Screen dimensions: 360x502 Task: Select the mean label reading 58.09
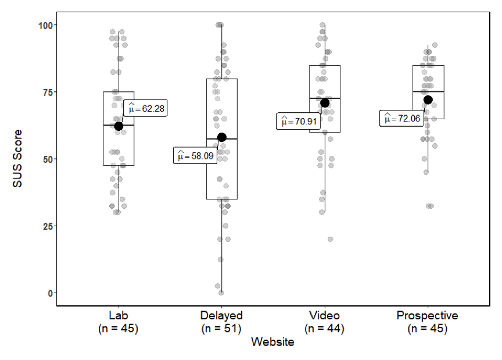point(195,156)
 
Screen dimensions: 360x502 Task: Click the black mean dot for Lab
point(119,126)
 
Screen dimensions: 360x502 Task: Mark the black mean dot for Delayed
point(221,137)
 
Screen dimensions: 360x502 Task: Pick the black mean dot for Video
point(325,103)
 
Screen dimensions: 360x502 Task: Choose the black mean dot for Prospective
point(428,100)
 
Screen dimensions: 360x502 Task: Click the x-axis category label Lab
point(119,316)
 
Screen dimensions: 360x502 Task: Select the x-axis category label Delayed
point(221,316)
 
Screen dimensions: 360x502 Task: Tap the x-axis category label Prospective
point(428,316)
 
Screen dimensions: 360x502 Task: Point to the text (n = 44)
point(325,329)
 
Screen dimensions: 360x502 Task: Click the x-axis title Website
point(272,342)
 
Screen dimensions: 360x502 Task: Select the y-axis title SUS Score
point(18,159)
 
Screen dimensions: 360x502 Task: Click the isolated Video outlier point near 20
point(331,239)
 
